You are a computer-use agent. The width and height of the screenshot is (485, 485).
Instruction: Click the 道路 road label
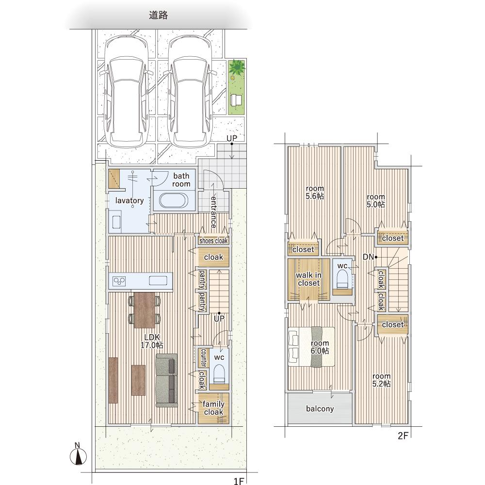pyautogui.click(x=159, y=15)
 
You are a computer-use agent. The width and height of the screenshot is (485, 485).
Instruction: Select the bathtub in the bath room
pyautogui.click(x=174, y=200)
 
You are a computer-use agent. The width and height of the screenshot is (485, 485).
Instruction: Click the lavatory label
pyautogui.click(x=129, y=200)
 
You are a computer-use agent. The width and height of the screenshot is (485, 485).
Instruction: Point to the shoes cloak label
pyautogui.click(x=213, y=241)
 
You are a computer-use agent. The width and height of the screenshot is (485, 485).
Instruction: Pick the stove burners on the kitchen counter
pyautogui.click(x=119, y=281)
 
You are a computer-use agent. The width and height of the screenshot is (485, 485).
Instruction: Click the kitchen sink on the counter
pyautogui.click(x=158, y=280)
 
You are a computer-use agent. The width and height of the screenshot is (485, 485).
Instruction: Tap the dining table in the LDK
pyautogui.click(x=145, y=310)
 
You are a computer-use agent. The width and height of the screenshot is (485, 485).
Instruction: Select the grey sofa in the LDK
pyautogui.click(x=167, y=380)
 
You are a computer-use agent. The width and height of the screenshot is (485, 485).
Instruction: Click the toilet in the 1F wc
pyautogui.click(x=219, y=374)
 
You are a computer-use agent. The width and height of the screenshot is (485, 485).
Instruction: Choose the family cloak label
pyautogui.click(x=213, y=408)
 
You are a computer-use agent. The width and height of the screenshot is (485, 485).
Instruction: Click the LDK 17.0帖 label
pyautogui.click(x=152, y=341)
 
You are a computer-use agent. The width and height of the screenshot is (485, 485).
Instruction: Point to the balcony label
pyautogui.click(x=320, y=408)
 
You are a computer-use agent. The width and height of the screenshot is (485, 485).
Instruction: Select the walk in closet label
pyautogui.click(x=308, y=279)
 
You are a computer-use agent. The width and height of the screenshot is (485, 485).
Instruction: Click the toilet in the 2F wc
pyautogui.click(x=342, y=279)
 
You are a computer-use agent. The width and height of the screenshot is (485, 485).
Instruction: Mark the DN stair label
pyautogui.click(x=368, y=257)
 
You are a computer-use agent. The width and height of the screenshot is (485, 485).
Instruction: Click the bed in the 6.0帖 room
pyautogui.click(x=311, y=347)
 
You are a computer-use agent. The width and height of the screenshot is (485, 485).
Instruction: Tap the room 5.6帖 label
pyautogui.click(x=315, y=192)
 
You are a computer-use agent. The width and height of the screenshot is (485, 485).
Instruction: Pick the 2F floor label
pyautogui.click(x=403, y=436)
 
